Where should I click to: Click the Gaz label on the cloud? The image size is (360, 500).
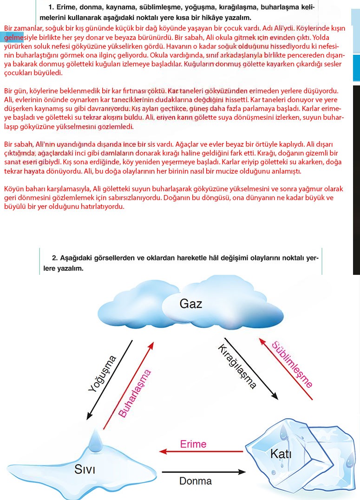tap(190, 304)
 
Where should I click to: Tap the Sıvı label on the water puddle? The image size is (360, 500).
tap(85, 469)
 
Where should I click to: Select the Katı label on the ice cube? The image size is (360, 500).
tap(281, 454)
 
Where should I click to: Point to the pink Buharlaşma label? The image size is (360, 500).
tap(135, 393)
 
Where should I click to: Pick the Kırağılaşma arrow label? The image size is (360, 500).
tap(236, 366)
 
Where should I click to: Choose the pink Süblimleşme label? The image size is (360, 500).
tap(292, 364)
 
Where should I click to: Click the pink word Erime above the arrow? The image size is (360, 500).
tap(193, 444)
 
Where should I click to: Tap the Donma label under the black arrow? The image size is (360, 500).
tap(195, 481)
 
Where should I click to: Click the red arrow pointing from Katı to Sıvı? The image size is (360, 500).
tap(201, 451)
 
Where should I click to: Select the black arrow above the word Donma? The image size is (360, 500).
tap(203, 472)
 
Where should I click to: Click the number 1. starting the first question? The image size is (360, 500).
tap(51, 7)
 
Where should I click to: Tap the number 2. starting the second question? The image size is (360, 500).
tap(55, 258)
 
